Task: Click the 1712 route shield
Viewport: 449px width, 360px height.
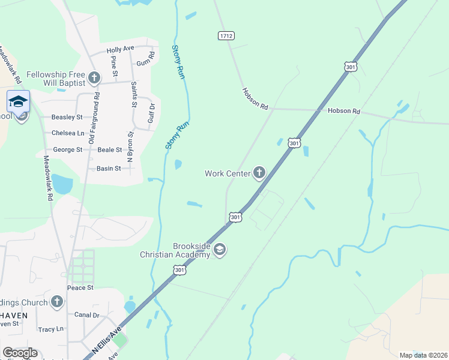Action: point(226,36)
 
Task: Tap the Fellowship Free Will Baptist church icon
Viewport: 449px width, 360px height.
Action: point(94,77)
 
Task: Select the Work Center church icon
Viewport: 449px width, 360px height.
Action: point(259,173)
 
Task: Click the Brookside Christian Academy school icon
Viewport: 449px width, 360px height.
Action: point(219,250)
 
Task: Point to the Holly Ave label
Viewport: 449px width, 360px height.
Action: point(120,49)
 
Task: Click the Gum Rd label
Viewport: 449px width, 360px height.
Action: point(145,58)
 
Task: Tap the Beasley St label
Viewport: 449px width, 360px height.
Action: point(67,117)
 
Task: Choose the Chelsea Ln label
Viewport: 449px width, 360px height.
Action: point(68,133)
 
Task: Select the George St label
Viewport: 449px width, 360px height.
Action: point(68,149)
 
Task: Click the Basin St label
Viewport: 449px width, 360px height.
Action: point(109,169)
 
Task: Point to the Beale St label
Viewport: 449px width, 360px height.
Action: point(110,149)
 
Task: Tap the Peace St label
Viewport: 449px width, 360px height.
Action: point(80,288)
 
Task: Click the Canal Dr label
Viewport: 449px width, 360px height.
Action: point(87,314)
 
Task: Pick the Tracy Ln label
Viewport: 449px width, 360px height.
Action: point(51,329)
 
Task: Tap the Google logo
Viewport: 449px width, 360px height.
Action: point(20,353)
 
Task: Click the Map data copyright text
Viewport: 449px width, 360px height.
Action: point(423,355)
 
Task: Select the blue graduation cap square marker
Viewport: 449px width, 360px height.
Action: point(18,101)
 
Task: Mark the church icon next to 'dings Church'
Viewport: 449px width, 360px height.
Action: point(56,302)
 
